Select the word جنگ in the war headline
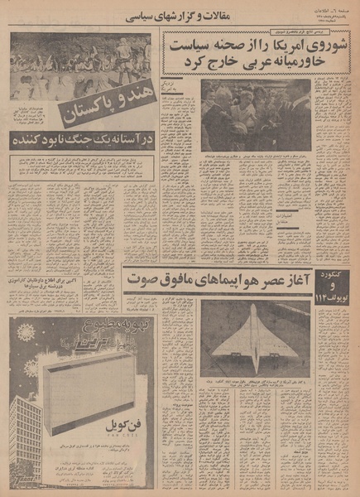click(x=71, y=138)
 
